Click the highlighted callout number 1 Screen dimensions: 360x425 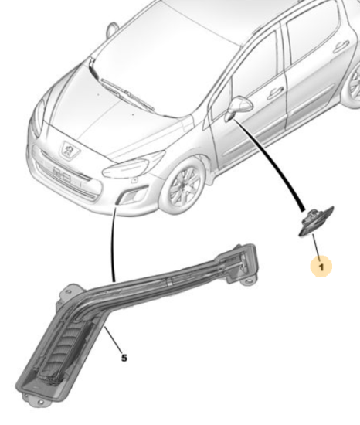tap(321, 267)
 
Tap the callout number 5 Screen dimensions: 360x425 tap(124, 358)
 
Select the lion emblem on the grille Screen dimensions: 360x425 tap(69, 149)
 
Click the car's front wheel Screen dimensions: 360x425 tap(185, 186)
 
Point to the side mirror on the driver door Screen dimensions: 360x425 tap(239, 107)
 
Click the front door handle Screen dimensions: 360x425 tap(275, 93)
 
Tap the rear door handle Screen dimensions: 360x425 tap(341, 47)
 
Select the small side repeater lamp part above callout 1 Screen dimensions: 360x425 tap(316, 221)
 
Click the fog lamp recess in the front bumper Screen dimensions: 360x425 tap(133, 195)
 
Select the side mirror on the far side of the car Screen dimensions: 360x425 tap(112, 29)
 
